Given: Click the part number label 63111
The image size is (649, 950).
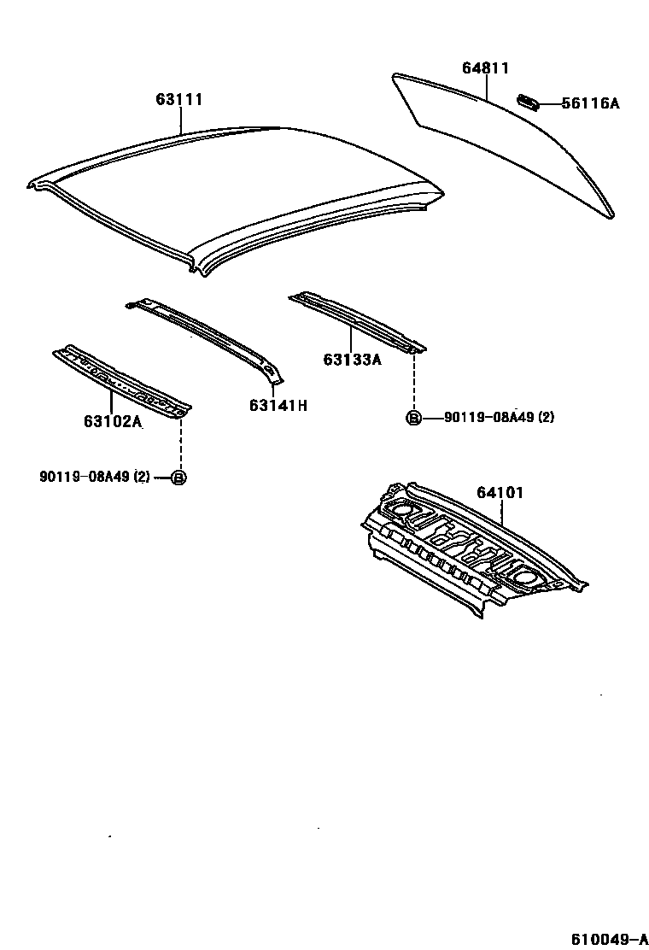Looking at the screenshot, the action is coord(179,100).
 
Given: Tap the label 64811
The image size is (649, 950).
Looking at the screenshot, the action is coord(486,68).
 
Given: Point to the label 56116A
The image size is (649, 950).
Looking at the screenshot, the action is coord(591,103).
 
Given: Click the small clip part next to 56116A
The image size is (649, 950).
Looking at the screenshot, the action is coord(526,103).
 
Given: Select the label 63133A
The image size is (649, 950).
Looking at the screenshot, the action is coord(352,360).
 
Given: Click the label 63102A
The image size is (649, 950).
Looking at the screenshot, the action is coord(113,420).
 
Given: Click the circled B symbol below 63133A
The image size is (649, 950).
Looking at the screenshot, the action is coord(413,418).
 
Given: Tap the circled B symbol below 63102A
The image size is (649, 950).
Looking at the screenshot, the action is coord(179,477).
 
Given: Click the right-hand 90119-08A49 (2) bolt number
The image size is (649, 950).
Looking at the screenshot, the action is coord(500,418).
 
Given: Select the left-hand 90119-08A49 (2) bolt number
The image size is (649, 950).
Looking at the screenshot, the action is coord(94,477).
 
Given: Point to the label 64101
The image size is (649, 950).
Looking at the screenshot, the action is coord(500,493).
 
